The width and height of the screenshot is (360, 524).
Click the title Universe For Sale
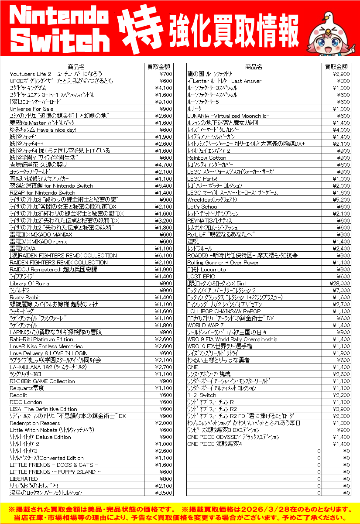tap(31, 109)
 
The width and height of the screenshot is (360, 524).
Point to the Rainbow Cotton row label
tap(207, 158)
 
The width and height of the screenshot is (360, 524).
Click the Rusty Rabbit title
tap(26, 297)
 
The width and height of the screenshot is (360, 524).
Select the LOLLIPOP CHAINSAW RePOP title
tap(224, 311)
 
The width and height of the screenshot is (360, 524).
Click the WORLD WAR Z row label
tap(206, 325)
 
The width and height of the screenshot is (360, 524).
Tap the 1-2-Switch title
tap(202, 395)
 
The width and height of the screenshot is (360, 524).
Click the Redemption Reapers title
tap(34, 423)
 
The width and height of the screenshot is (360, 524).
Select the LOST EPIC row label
tap(201, 276)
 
